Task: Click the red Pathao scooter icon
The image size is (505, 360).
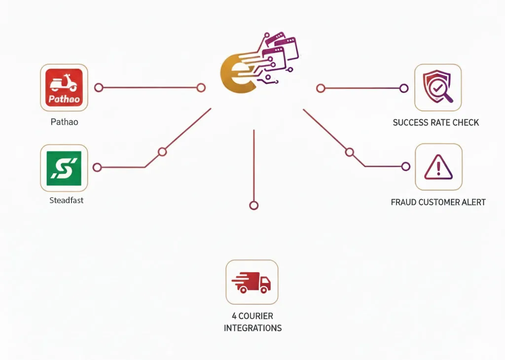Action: click(x=64, y=88)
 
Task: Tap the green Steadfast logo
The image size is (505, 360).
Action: click(x=64, y=168)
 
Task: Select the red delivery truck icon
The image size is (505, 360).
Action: click(x=252, y=282)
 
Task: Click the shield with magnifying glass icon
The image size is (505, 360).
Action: click(x=438, y=88)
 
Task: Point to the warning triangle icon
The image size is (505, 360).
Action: click(x=438, y=167)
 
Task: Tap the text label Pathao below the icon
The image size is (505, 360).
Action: click(x=64, y=122)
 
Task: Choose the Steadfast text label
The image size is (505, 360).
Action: click(x=67, y=201)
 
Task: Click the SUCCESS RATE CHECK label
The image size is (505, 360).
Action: click(x=435, y=122)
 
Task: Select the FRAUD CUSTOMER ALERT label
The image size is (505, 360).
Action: click(x=438, y=202)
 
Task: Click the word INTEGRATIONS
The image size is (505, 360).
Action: click(x=252, y=328)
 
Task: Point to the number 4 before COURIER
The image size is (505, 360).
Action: click(x=234, y=316)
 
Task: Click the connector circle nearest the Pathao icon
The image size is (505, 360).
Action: click(x=99, y=88)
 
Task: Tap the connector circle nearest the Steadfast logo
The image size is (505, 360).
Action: click(x=97, y=168)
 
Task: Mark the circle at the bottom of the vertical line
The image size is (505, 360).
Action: click(x=253, y=206)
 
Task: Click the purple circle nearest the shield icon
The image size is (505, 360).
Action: click(x=404, y=88)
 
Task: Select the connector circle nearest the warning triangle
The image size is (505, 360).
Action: click(x=406, y=167)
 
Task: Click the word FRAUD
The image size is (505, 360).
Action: click(x=404, y=202)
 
